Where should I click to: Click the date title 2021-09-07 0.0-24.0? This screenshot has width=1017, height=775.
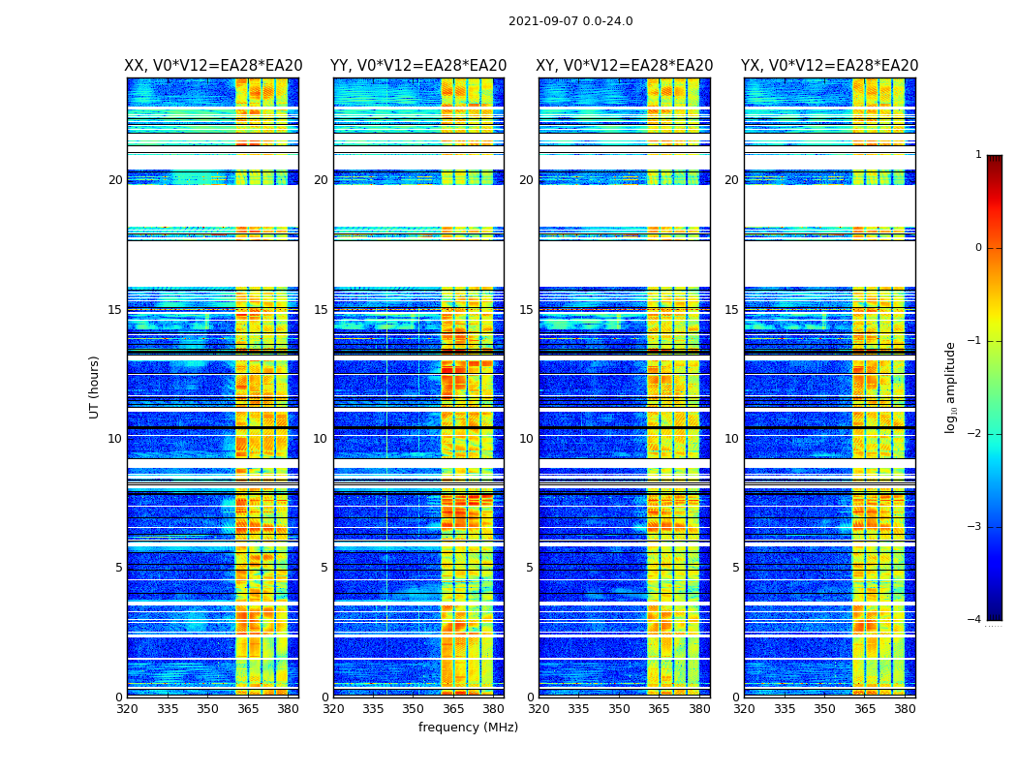(x=570, y=21)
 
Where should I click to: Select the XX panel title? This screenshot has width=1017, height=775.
(x=213, y=66)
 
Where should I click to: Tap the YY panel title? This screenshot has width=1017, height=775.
(x=418, y=66)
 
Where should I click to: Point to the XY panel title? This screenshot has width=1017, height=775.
(x=625, y=66)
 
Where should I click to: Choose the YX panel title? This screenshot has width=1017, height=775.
(x=829, y=66)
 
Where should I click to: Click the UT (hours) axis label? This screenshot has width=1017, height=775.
(x=95, y=387)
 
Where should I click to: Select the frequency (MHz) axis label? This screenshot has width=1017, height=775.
(x=468, y=728)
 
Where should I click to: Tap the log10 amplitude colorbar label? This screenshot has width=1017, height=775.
(x=951, y=387)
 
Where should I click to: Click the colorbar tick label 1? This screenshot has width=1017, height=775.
(x=977, y=155)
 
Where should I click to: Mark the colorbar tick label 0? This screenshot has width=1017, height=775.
(x=977, y=248)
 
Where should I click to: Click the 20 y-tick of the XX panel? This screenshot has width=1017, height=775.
(x=115, y=180)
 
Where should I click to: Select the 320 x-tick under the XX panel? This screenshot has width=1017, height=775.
(x=127, y=709)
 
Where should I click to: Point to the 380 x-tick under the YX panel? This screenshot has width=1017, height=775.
(x=905, y=709)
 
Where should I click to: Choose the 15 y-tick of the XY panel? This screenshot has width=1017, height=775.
(x=526, y=310)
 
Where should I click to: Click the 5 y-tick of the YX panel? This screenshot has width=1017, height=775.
(x=736, y=568)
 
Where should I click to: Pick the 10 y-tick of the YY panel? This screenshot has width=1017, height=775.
(x=321, y=439)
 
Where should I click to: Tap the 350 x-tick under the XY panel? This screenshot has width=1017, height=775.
(x=619, y=709)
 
